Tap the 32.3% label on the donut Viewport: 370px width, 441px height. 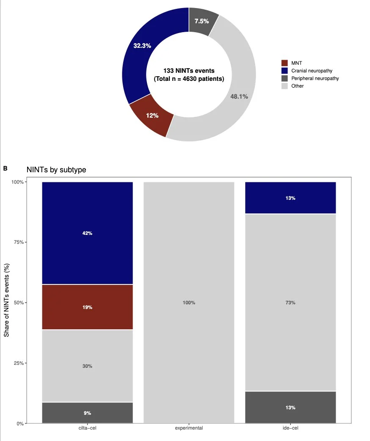click(142, 45)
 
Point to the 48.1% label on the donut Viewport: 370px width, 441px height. click(239, 96)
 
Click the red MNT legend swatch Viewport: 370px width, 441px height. click(284, 63)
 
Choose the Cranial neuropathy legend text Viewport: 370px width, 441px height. click(312, 71)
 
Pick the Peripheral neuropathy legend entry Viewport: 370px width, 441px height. click(315, 78)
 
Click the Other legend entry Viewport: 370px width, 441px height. click(297, 86)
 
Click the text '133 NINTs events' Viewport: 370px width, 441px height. click(189, 71)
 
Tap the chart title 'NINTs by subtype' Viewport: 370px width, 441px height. click(56, 170)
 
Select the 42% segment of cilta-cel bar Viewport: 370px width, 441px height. click(87, 233)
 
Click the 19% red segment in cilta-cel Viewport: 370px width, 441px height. click(87, 307)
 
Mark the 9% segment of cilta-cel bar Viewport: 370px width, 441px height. click(87, 413)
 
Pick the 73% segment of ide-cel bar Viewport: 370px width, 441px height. click(290, 303)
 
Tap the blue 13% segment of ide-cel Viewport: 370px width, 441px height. click(290, 198)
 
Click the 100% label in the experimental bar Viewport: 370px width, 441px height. click(189, 303)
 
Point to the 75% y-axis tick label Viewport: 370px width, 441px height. click(18, 243)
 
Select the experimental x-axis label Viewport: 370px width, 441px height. click(189, 428)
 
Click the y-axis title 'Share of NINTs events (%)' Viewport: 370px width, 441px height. click(7, 303)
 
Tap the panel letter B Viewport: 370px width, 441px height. click(6, 168)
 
